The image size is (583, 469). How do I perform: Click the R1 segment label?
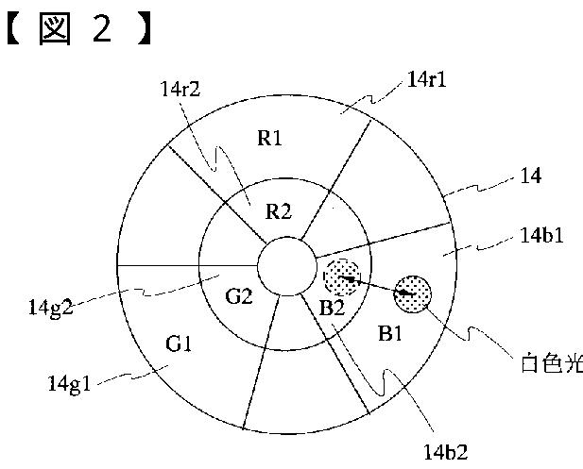270,139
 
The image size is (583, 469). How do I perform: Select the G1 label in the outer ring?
180,343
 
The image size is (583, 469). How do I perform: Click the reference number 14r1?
428,81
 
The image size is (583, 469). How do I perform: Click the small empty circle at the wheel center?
287,265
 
